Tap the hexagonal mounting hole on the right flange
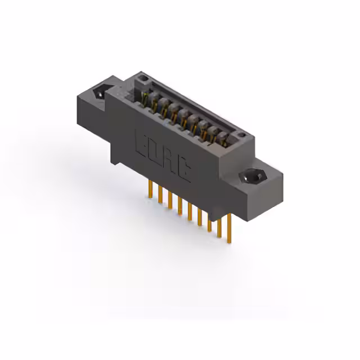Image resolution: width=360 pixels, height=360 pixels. [x=251, y=177]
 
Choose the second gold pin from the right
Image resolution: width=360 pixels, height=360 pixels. [x=219, y=228]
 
